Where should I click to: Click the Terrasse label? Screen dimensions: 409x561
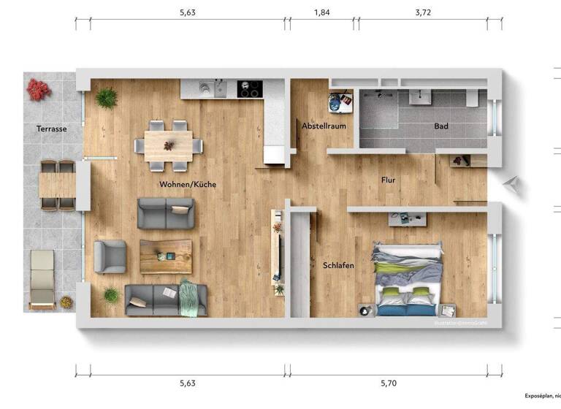(52, 129)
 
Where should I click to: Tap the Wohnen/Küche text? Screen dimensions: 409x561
(188, 185)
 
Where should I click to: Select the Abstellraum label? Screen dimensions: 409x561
(324, 126)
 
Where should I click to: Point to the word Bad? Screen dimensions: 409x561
(441, 126)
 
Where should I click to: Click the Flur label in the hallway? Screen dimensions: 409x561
(389, 180)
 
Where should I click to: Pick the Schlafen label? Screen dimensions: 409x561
(338, 265)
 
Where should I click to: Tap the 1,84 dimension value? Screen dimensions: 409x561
(321, 12)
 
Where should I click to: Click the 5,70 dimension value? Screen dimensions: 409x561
(389, 383)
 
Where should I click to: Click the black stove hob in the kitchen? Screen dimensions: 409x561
(249, 89)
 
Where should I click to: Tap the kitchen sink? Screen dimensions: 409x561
(206, 88)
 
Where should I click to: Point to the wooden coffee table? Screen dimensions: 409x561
(166, 256)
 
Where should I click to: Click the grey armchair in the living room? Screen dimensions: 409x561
(110, 256)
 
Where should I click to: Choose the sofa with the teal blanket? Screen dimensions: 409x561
(166, 299)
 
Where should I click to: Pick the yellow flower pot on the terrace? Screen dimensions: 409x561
(66, 301)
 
